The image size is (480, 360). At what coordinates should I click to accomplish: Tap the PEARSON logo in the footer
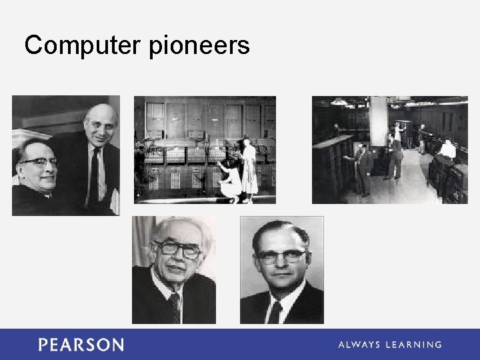tap(81, 345)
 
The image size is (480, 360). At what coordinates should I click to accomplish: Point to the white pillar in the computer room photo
tap(379, 127)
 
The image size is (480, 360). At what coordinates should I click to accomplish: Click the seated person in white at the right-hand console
tap(447, 150)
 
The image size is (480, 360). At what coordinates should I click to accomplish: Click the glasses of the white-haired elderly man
tap(177, 249)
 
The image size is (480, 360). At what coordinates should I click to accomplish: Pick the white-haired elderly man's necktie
tap(175, 308)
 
